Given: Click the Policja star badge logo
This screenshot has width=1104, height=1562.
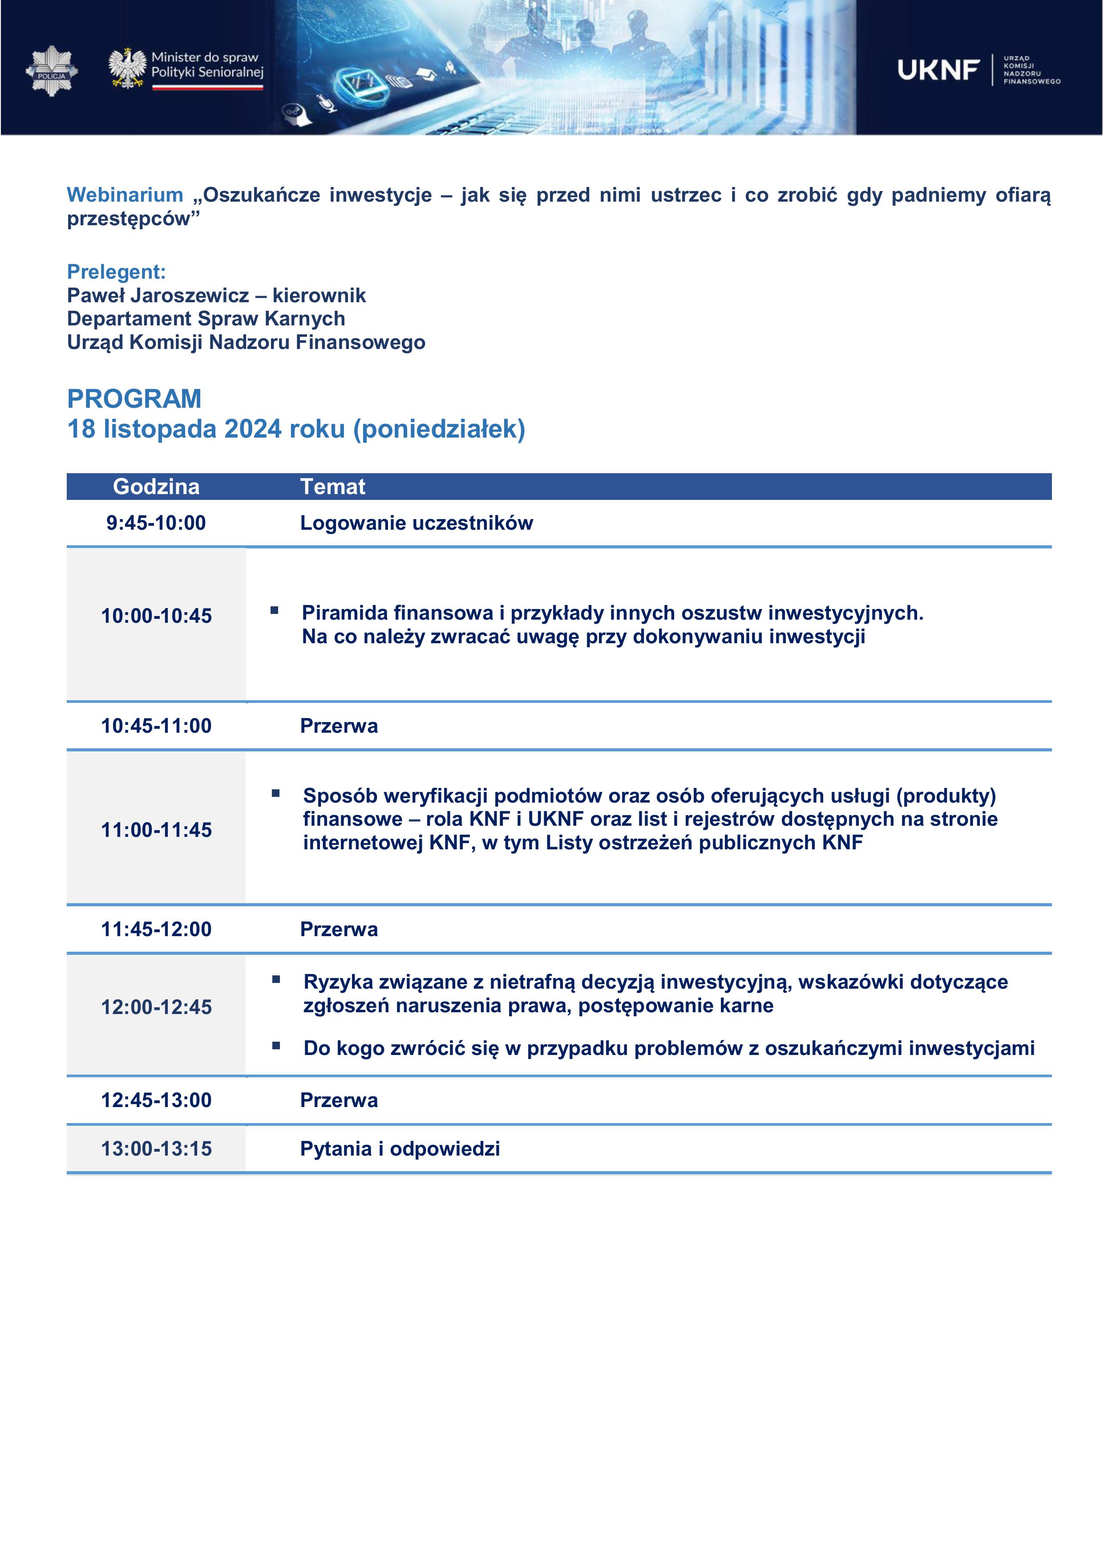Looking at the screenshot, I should click(x=52, y=71).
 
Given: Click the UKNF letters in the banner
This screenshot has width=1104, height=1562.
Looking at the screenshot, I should click(x=938, y=69).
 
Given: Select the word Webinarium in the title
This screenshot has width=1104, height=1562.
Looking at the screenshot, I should click(x=125, y=195).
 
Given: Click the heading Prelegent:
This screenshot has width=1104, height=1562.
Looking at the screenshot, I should click(x=116, y=272).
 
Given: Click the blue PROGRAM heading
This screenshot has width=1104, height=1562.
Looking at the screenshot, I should click(x=134, y=399).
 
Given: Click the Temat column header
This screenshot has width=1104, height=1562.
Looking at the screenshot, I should click(x=333, y=487).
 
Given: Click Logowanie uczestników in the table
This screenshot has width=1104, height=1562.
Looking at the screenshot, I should click(x=417, y=523).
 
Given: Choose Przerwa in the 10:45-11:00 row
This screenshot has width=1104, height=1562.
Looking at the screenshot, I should click(x=339, y=726).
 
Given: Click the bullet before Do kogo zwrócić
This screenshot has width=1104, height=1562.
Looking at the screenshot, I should click(x=276, y=1046).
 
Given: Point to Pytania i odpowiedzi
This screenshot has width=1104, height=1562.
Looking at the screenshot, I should click(x=400, y=1149).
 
